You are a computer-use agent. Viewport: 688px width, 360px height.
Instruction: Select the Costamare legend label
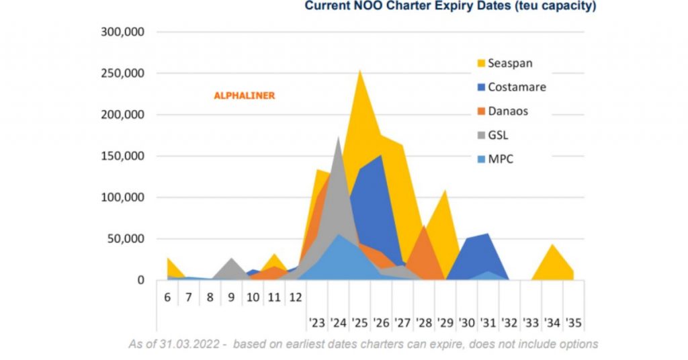tap(517, 87)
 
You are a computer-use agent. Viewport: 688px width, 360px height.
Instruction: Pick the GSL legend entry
tap(498, 135)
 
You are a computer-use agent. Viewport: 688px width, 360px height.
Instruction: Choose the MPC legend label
tap(500, 159)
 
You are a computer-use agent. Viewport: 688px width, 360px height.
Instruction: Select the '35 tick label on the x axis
tap(573, 322)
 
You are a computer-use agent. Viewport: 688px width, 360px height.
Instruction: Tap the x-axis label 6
tap(167, 296)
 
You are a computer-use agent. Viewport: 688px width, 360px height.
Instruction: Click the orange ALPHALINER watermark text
tap(245, 96)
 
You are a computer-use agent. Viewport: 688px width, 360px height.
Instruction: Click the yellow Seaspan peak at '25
tap(360, 73)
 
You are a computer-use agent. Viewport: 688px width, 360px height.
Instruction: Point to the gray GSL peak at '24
tap(339, 138)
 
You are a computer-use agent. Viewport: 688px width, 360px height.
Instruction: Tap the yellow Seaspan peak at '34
tap(552, 246)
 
